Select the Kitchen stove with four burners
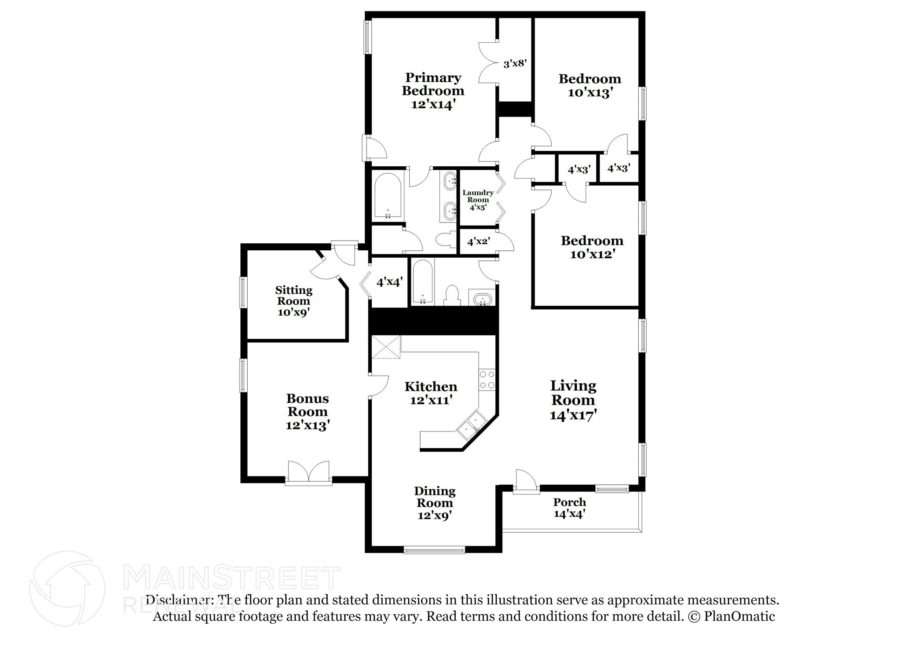pyautogui.click(x=487, y=380)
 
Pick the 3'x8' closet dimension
pyautogui.click(x=515, y=63)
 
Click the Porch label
pyautogui.click(x=569, y=502)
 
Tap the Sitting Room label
pyautogui.click(x=293, y=296)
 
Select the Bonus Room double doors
pyautogui.click(x=308, y=472)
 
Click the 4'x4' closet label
pyautogui.click(x=389, y=282)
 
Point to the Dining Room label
pyautogui.click(x=435, y=497)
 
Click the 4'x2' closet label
pyautogui.click(x=479, y=242)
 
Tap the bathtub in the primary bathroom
pyautogui.click(x=388, y=196)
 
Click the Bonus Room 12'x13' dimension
pyautogui.click(x=308, y=425)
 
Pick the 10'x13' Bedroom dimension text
pyautogui.click(x=590, y=93)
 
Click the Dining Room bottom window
pyautogui.click(x=434, y=549)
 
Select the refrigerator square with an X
pyautogui.click(x=386, y=347)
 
